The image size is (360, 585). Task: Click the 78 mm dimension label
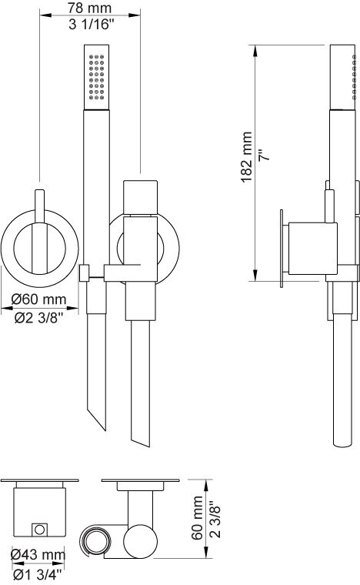click(x=89, y=8)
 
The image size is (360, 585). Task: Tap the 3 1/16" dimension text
click(x=91, y=25)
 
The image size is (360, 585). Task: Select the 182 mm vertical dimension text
click(x=247, y=157)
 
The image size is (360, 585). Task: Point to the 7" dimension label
click(x=264, y=155)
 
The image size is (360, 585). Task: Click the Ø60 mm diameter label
click(x=38, y=299)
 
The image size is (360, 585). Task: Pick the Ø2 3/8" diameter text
click(x=38, y=318)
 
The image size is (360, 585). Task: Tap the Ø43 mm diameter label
click(x=38, y=554)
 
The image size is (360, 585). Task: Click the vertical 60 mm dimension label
click(x=197, y=517)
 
